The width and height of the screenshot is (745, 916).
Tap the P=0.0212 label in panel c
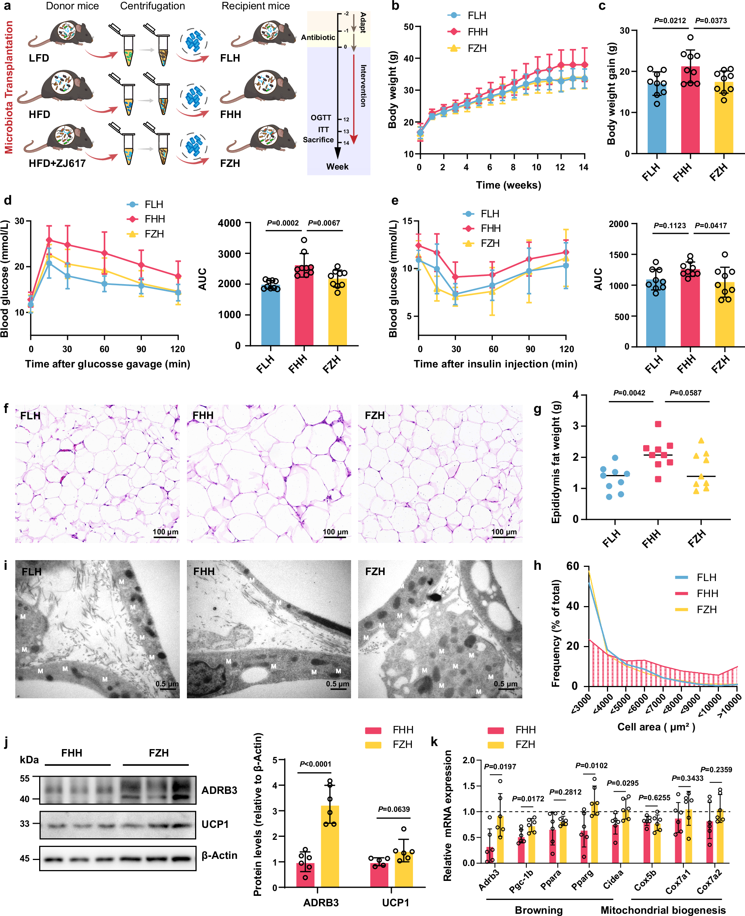[x=670, y=21]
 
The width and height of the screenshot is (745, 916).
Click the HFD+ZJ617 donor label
[x=57, y=163]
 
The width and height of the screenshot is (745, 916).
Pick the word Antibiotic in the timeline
[x=318, y=37]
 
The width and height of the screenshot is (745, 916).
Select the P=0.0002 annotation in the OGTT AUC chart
[x=282, y=223]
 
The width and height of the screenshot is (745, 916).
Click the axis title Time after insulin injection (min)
[x=495, y=364]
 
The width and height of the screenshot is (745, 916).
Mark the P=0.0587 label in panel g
[x=685, y=392]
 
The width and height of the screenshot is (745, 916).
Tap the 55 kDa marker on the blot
[x=25, y=779]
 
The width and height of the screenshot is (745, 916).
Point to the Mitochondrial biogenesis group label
[x=663, y=910]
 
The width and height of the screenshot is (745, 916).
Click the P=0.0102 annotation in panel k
[x=591, y=765]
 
